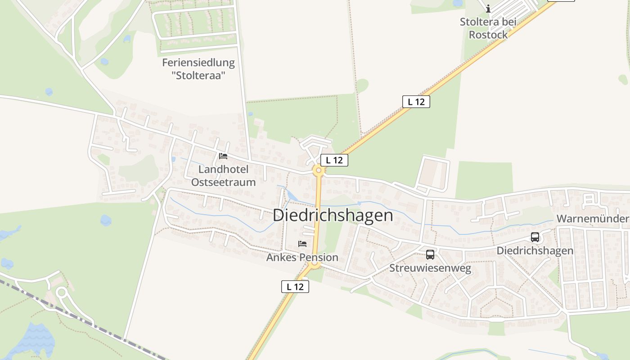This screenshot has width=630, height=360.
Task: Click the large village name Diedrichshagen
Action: click(x=333, y=216)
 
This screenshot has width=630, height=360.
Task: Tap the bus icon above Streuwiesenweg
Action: click(x=430, y=255)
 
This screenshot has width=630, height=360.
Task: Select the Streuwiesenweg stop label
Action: click(x=430, y=269)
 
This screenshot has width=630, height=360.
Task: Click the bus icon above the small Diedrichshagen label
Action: click(x=535, y=237)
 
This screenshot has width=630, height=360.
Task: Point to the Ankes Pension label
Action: click(x=302, y=257)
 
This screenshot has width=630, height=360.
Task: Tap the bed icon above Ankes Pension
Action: click(x=302, y=244)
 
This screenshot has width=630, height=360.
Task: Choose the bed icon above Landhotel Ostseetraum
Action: click(x=223, y=156)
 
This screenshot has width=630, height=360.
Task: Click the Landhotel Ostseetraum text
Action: click(x=223, y=176)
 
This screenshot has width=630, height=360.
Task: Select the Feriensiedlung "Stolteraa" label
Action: click(x=198, y=69)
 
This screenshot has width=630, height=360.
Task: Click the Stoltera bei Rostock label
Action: click(x=488, y=28)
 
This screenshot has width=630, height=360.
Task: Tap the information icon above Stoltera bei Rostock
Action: click(x=488, y=9)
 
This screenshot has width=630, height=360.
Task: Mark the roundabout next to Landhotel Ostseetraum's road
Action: click(x=319, y=170)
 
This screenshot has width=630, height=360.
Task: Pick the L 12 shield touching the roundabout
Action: click(x=334, y=160)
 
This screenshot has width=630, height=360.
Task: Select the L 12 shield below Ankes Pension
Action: click(x=295, y=287)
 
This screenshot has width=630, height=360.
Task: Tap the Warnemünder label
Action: click(x=592, y=219)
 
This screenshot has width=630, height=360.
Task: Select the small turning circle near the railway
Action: click(x=62, y=293)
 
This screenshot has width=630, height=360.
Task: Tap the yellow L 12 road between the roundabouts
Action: click(x=317, y=216)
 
